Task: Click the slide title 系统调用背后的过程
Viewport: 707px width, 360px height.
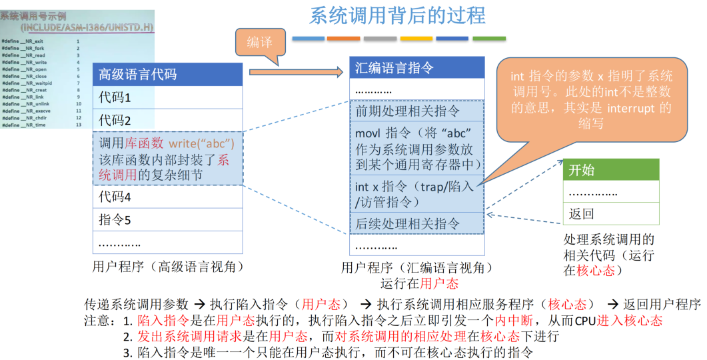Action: coord(397,15)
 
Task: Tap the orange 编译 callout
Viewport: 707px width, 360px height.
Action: coord(259,42)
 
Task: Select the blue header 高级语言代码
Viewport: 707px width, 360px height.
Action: coord(167,74)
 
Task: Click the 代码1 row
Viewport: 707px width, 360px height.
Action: coord(167,97)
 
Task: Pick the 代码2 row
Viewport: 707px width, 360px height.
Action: coord(167,121)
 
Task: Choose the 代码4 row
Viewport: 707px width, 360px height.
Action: coord(167,197)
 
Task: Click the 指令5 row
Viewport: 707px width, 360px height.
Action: coord(167,220)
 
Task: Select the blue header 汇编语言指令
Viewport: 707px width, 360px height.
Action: coord(416,68)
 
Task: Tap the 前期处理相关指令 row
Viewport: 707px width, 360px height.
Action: coord(416,111)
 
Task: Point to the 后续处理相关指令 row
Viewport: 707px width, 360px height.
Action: coord(416,223)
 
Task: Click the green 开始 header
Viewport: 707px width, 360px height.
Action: coord(610,170)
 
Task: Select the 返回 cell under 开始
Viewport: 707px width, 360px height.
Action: coord(610,214)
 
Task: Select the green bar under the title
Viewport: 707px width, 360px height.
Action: coord(488,38)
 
